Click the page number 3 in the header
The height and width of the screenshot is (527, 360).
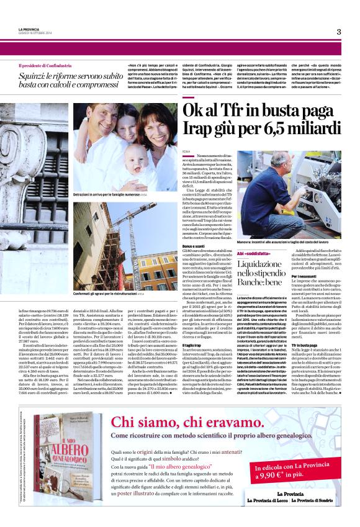click(339, 32)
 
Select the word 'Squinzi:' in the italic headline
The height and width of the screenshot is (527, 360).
click(34, 74)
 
